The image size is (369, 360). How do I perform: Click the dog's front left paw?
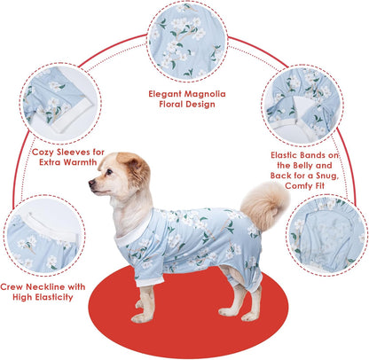pos(141,316)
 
